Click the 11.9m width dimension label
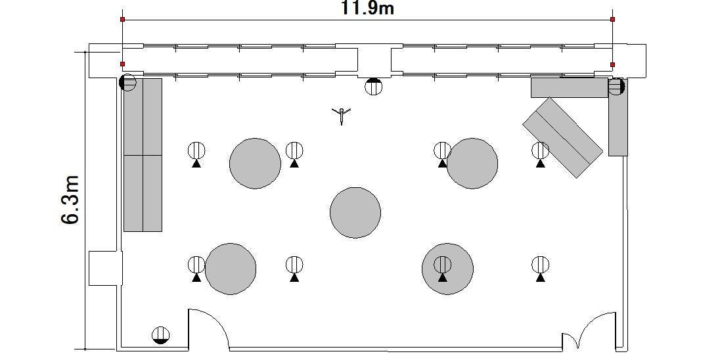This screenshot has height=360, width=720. pyautogui.click(x=367, y=8)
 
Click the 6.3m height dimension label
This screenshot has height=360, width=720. pyautogui.click(x=70, y=199)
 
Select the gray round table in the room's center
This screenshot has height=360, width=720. pyautogui.click(x=355, y=213)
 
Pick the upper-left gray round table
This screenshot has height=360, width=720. pyautogui.click(x=255, y=163)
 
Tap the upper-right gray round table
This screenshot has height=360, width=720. pyautogui.click(x=472, y=163)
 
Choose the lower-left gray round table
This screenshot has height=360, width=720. pyautogui.click(x=231, y=269)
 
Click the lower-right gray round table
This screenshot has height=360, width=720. pyautogui.click(x=448, y=269)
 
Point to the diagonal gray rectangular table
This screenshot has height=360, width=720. pyautogui.click(x=562, y=137)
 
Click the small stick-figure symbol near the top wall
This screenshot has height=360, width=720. pyautogui.click(x=341, y=116)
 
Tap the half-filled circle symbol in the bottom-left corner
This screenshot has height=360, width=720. pyautogui.click(x=160, y=335)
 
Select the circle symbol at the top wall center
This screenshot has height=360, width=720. pyautogui.click(x=373, y=86)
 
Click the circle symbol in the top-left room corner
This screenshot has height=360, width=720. pyautogui.click(x=127, y=83)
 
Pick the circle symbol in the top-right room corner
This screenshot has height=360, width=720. pyautogui.click(x=616, y=86)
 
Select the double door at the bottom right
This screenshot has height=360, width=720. pyautogui.click(x=589, y=331)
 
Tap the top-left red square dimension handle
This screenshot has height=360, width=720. pyautogui.click(x=123, y=19)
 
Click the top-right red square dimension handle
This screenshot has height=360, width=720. pyautogui.click(x=612, y=19)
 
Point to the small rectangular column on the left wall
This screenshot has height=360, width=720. pyautogui.click(x=105, y=268)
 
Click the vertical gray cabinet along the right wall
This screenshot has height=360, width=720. pyautogui.click(x=618, y=118)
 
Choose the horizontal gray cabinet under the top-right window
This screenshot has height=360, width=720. pyautogui.click(x=570, y=87)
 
